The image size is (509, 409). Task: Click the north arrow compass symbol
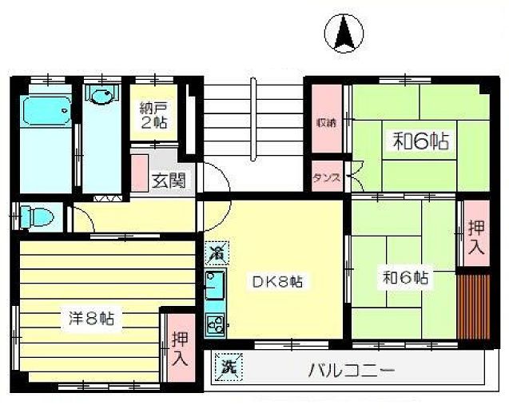pyautogui.click(x=344, y=34)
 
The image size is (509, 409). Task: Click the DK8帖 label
pyautogui.click(x=277, y=281)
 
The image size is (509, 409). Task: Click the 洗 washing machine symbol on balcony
pyautogui.click(x=229, y=369)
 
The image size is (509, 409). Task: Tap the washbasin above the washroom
pyautogui.click(x=101, y=97)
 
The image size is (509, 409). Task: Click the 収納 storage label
pyautogui.click(x=325, y=123)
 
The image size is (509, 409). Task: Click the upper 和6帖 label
pyautogui.click(x=419, y=141)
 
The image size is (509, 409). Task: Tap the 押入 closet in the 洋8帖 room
pyautogui.click(x=178, y=348)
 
